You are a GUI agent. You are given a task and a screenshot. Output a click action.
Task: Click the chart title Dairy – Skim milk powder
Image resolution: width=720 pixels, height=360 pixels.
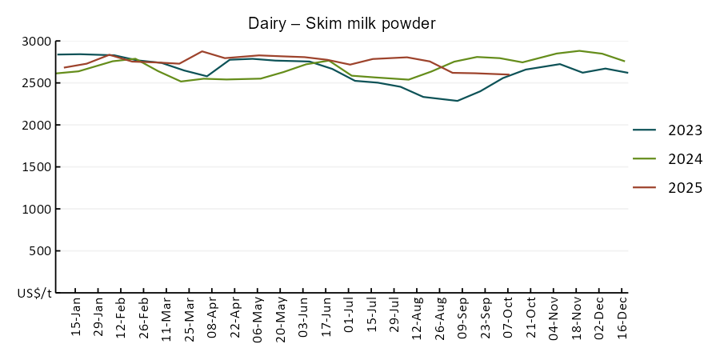click(x=342, y=24)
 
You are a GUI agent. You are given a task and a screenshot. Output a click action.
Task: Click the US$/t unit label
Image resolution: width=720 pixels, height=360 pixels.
click(x=34, y=294)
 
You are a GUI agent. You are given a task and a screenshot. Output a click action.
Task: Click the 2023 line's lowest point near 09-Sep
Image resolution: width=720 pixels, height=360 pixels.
click(x=457, y=101)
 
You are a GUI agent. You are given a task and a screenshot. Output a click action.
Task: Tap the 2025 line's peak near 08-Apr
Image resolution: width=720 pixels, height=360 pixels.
click(x=202, y=51)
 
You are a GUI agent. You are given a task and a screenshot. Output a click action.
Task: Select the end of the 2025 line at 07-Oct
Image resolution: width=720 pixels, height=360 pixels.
click(x=509, y=74)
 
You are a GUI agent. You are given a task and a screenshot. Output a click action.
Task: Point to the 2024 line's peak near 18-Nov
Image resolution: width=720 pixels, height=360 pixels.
click(x=579, y=50)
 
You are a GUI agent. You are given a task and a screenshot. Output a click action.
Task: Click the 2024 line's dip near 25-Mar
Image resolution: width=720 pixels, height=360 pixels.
click(x=180, y=81)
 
